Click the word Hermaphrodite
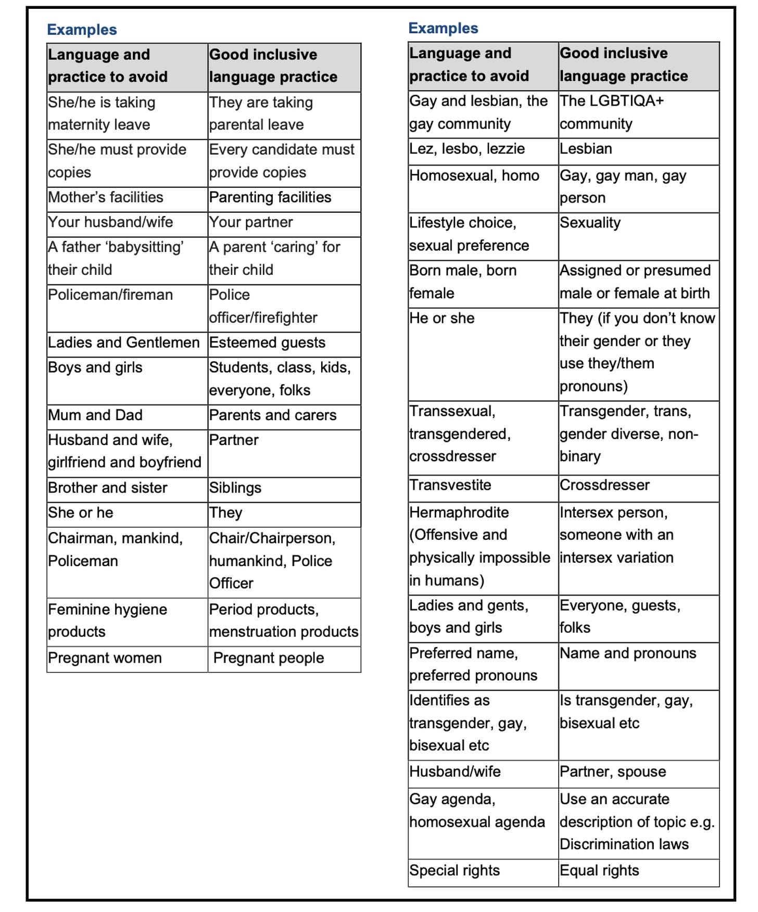point(459,512)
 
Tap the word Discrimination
point(605,844)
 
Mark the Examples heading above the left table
point(82,30)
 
